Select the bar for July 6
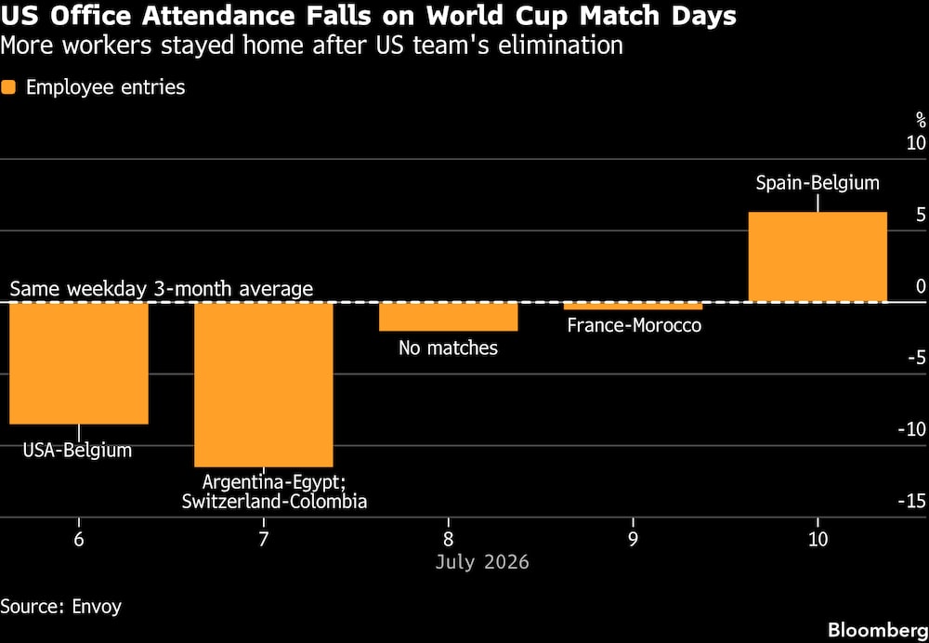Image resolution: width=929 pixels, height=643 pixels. pyautogui.click(x=79, y=363)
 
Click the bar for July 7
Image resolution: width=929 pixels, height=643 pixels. pyautogui.click(x=264, y=385)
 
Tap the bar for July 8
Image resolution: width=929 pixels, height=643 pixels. pyautogui.click(x=449, y=317)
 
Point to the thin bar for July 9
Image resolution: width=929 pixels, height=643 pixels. pyautogui.click(x=634, y=306)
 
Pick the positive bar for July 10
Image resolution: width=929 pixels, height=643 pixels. pyautogui.click(x=818, y=256)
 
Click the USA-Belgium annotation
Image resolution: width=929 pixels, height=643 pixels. pyautogui.click(x=78, y=451)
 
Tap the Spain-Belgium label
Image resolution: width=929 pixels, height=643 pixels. pyautogui.click(x=818, y=183)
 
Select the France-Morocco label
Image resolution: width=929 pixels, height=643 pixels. pyautogui.click(x=634, y=325)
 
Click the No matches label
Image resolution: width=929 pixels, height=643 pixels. pyautogui.click(x=449, y=348)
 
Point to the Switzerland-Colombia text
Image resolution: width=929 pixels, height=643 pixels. pyautogui.click(x=274, y=502)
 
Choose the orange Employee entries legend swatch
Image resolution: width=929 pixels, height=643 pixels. pyautogui.click(x=8, y=87)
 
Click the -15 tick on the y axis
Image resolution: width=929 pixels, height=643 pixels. pyautogui.click(x=912, y=502)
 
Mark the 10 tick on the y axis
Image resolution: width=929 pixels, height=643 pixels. pyautogui.click(x=916, y=144)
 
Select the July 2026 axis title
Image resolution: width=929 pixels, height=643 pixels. pyautogui.click(x=482, y=561)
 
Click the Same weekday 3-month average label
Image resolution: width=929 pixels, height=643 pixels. pyautogui.click(x=161, y=289)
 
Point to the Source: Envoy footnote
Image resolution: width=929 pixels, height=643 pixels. pyautogui.click(x=61, y=607)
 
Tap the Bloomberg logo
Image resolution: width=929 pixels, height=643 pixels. pyautogui.click(x=878, y=629)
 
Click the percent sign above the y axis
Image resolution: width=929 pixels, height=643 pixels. pyautogui.click(x=921, y=120)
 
